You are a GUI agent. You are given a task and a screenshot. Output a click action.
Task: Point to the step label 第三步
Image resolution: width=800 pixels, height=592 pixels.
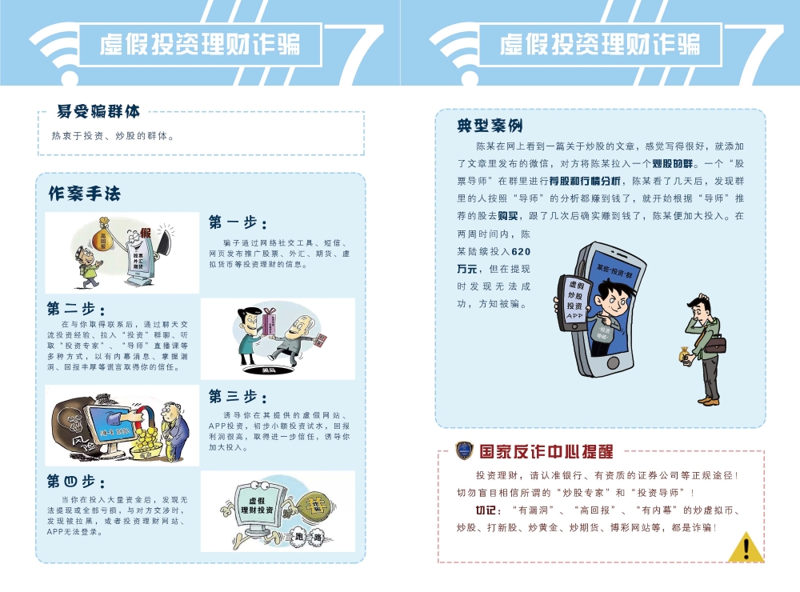point(238,395)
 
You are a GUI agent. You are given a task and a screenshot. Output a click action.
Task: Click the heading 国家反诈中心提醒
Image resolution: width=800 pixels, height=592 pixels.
point(544,451)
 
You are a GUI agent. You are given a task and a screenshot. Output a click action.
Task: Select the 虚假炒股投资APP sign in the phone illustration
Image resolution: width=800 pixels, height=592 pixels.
point(574,299)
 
